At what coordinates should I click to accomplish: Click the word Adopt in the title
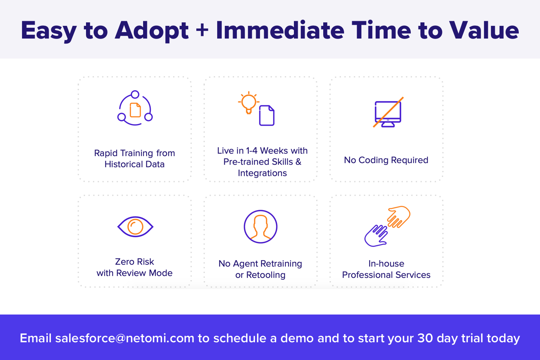tap(152, 31)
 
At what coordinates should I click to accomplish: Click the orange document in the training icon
tap(135, 110)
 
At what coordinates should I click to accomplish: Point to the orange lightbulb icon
tap(248, 103)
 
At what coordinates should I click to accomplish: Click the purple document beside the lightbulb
tap(267, 115)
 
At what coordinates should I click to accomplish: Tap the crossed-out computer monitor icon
tap(388, 112)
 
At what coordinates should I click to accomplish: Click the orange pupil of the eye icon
tap(135, 227)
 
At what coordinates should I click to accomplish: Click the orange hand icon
tap(399, 217)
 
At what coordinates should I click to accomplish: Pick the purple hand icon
tap(376, 236)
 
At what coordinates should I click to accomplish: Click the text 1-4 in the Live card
tap(251, 151)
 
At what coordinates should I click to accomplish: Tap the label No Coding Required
tap(386, 160)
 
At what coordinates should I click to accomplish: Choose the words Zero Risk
tap(135, 262)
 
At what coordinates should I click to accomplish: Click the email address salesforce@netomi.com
tap(125, 338)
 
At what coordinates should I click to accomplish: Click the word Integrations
tap(262, 173)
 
